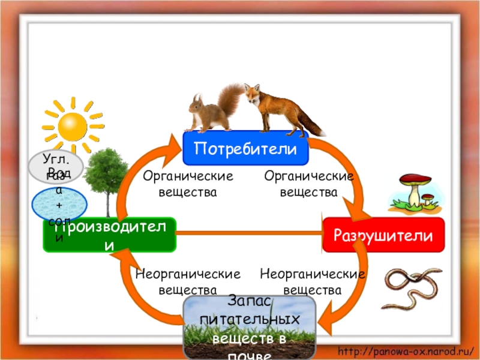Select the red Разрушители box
coord(383,235)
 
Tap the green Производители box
coord(109,235)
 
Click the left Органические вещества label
coord(187,184)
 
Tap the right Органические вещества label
coord(308,184)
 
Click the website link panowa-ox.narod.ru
coord(406,350)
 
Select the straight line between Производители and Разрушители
coord(249,235)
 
